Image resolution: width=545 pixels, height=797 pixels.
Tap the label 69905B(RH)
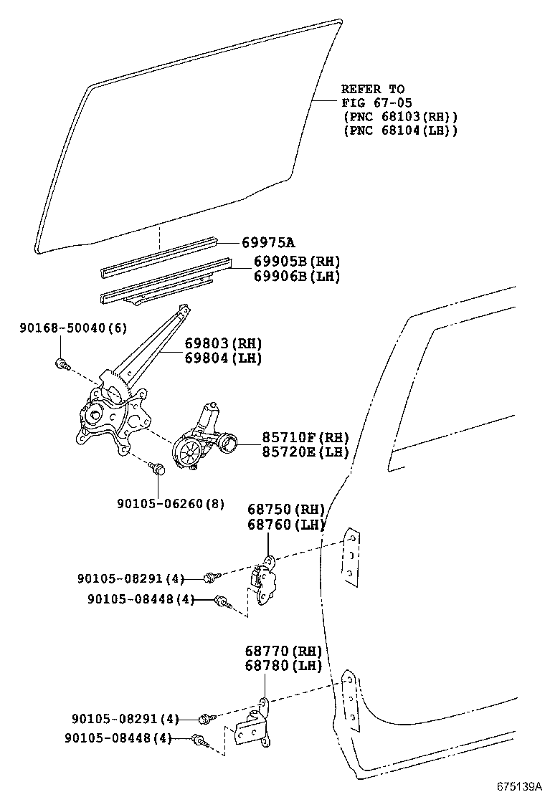pos(296,262)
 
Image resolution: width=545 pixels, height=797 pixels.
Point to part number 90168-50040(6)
pos(72,328)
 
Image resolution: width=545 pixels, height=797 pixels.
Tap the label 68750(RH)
pos(286,510)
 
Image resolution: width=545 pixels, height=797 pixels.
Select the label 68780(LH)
pos(283,666)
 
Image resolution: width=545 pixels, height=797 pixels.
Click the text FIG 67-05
pos(376,103)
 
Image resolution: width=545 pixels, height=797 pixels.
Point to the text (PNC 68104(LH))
pos(400,130)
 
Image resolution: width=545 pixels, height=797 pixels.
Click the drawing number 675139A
pos(518,786)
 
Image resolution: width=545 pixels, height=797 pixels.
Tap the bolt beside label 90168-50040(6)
pos(62,364)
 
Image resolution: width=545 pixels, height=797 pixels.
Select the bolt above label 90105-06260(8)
pos(158,469)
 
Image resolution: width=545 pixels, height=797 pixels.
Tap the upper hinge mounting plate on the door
pos(351,558)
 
